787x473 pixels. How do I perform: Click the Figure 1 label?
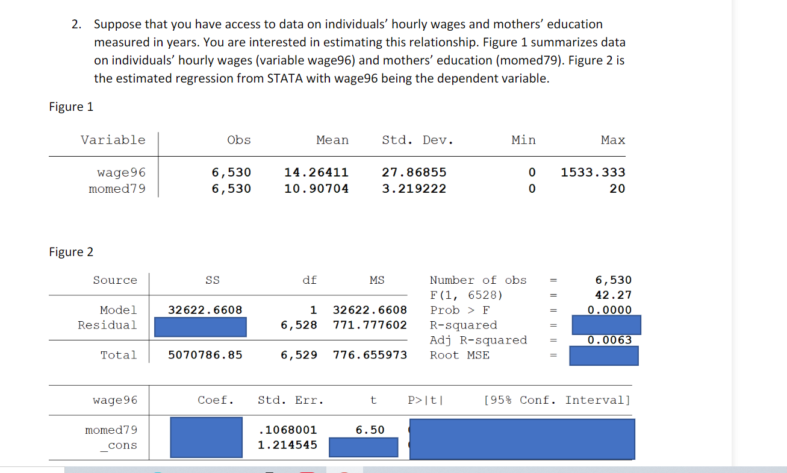coord(71,107)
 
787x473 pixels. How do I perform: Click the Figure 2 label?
coord(71,252)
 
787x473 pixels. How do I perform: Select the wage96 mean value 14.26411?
coord(316,172)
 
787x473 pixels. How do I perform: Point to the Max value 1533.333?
coord(593,172)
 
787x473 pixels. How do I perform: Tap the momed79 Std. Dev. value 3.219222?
coord(414,189)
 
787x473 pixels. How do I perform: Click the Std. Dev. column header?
coord(417,140)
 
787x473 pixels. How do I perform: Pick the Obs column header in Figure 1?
coord(239,140)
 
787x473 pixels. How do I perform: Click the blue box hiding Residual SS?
coord(201,327)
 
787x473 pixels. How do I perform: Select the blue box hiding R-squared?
coord(606,325)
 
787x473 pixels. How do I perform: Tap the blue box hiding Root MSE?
coord(604,356)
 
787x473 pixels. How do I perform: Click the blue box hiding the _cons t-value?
coord(363,446)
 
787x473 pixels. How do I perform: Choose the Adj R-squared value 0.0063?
coord(609,340)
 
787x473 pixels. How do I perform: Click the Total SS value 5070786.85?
coord(205,355)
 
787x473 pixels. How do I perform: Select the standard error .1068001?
coord(287,430)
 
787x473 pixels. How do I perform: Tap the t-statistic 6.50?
coord(370,430)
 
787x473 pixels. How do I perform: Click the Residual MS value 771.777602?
coord(370,325)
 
